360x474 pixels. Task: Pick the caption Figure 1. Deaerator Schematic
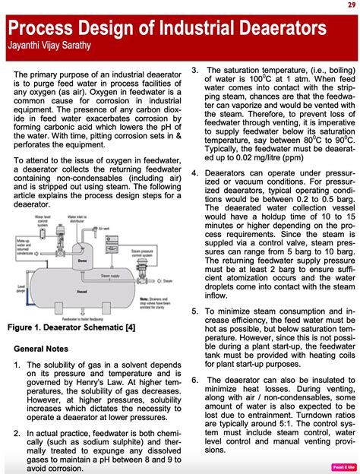tap(71, 349)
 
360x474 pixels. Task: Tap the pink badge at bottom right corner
tap(345, 466)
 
